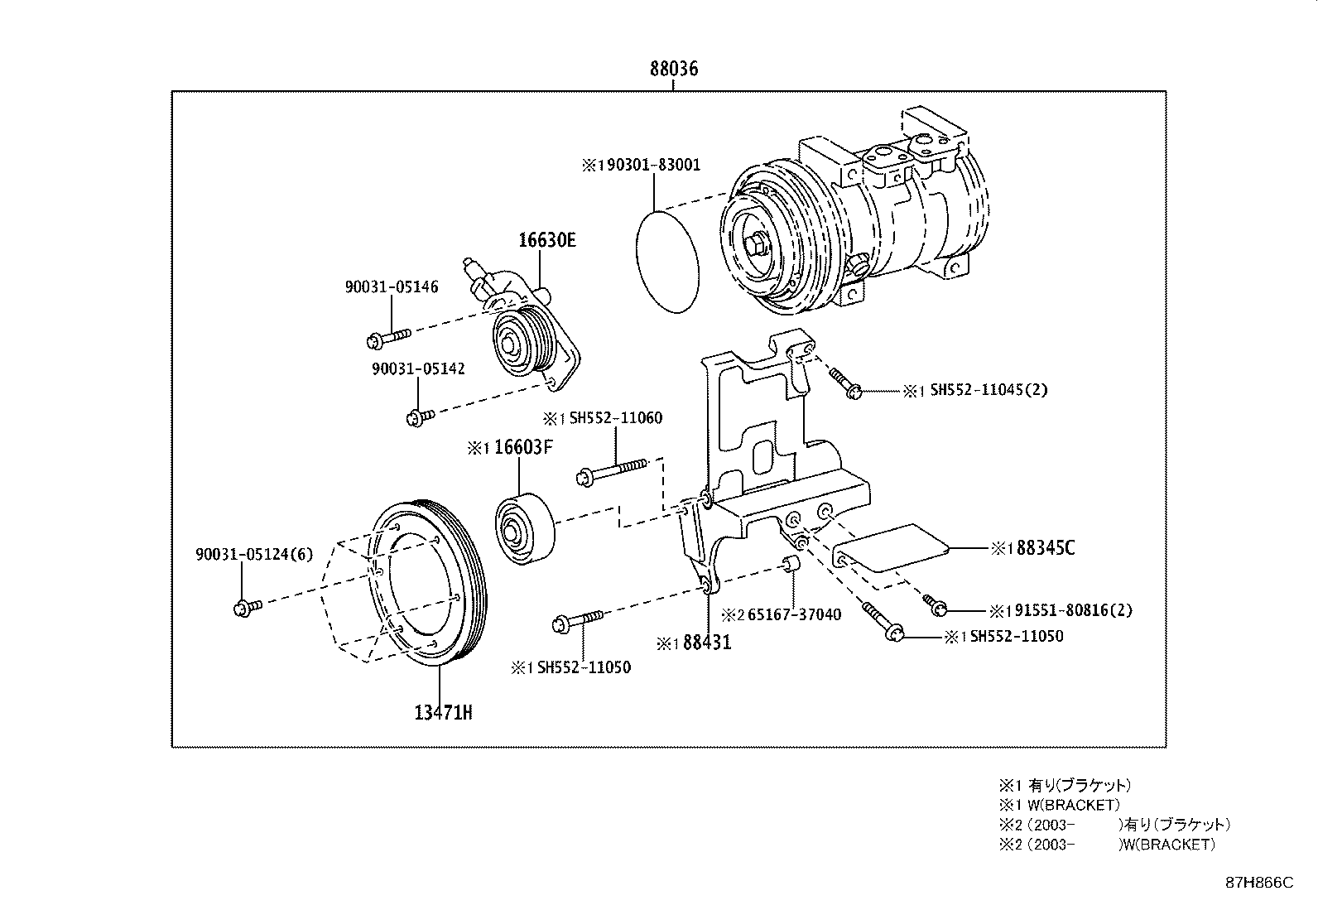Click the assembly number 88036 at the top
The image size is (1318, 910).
(x=673, y=69)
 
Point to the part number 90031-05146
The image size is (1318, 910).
(x=392, y=286)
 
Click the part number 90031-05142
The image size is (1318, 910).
(x=418, y=368)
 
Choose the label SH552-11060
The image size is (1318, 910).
(x=615, y=418)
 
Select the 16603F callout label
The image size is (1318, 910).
(x=522, y=448)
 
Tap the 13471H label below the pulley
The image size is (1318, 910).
(x=443, y=712)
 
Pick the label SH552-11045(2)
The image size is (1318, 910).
(x=988, y=389)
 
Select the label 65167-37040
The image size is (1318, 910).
(x=793, y=614)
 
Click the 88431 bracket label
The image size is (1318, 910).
(x=706, y=642)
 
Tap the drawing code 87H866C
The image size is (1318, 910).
(x=1258, y=884)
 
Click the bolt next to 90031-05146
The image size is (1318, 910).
(x=387, y=338)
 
